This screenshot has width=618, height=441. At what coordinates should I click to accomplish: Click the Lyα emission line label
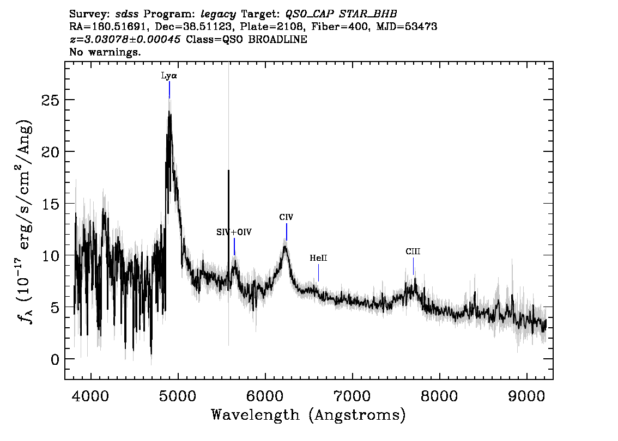point(169,76)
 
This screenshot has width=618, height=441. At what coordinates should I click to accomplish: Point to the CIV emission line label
point(286,217)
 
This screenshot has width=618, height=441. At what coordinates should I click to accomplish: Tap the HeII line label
point(318,258)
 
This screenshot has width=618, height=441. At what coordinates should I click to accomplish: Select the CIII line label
point(413,252)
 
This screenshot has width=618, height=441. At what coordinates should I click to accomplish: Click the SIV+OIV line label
point(234,232)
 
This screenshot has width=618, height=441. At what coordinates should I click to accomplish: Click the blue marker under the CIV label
point(287,232)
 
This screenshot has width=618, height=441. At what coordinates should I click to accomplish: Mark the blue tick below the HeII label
point(318,273)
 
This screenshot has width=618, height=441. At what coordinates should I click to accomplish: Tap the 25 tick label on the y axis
point(50,100)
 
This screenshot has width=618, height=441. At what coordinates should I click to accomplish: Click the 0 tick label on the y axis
point(55,359)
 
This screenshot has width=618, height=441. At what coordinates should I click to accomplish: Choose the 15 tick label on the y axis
point(50,204)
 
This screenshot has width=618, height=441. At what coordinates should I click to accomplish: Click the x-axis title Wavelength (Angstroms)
point(308,415)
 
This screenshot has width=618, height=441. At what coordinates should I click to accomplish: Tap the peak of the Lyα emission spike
point(169,112)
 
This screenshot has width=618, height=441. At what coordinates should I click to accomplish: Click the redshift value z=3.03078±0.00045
point(125,39)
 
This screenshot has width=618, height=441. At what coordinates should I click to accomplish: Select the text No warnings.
point(105,52)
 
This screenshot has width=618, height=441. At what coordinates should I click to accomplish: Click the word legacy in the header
point(219,15)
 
